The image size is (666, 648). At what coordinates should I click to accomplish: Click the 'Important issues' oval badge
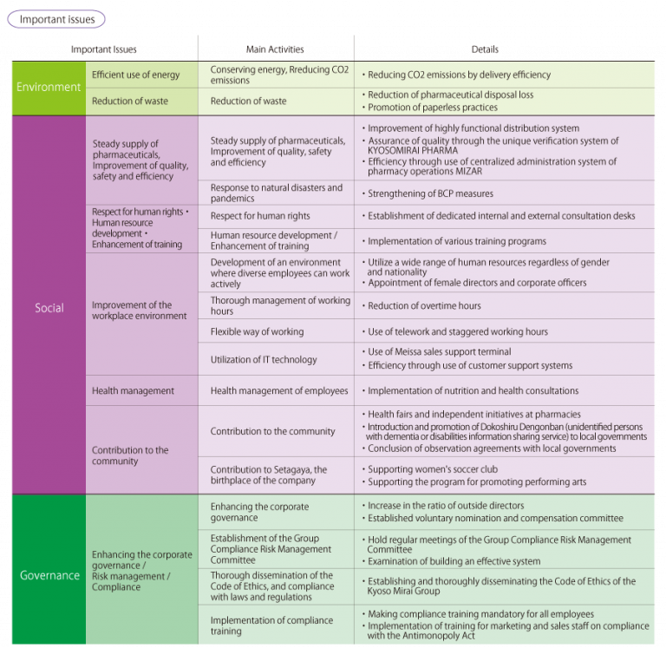point(56,20)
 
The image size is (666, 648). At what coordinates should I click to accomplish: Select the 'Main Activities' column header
point(275,49)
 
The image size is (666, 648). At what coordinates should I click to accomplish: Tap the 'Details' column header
point(485,49)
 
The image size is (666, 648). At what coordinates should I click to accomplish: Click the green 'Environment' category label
point(49,87)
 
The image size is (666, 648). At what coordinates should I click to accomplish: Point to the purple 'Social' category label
point(49,308)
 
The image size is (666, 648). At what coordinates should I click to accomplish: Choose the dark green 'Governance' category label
point(49,575)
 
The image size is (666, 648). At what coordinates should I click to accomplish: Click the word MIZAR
point(469,171)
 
